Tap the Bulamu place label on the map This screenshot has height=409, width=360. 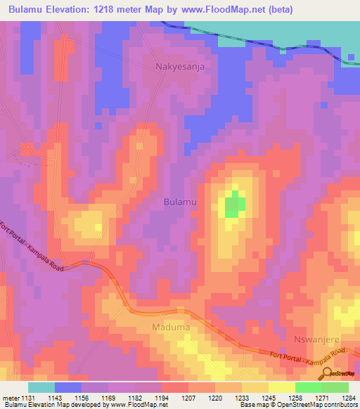[x=180, y=202]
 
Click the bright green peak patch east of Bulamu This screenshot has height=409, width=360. [x=234, y=206]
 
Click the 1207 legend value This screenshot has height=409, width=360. [x=188, y=398]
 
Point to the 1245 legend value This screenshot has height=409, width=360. [x=269, y=398]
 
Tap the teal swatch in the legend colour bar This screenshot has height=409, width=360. [x=41, y=387]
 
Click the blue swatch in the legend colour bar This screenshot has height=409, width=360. [x=68, y=387]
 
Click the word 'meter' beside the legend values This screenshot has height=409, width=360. [x=11, y=398]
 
